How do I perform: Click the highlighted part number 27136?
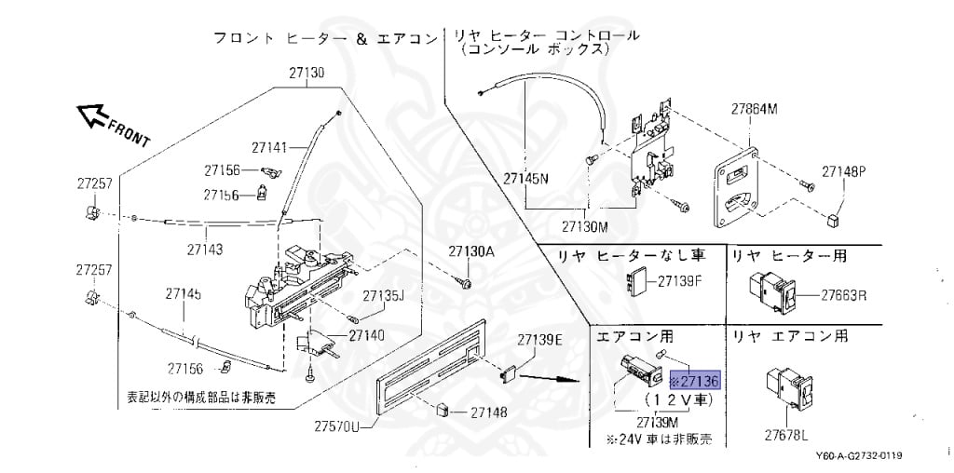(695, 382)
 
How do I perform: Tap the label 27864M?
(753, 109)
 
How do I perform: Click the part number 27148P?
(843, 171)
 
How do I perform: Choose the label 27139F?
(679, 279)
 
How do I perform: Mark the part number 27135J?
(383, 296)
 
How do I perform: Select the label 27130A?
(471, 251)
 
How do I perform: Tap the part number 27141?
(271, 146)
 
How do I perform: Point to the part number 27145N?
(526, 177)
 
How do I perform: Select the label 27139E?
(540, 338)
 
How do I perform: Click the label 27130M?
(584, 226)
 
